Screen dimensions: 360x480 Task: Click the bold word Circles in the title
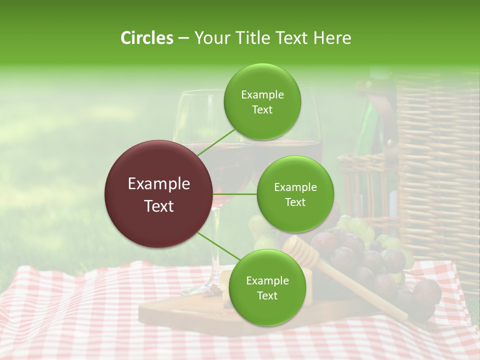coord(147,38)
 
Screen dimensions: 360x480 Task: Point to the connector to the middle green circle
coord(235,194)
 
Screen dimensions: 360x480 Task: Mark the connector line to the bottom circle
coord(218,246)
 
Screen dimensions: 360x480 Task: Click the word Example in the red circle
coord(159,184)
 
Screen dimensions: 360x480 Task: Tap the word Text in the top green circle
coord(262,110)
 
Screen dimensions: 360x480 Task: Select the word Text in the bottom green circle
coord(267,296)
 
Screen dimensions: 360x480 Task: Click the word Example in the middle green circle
coord(295,187)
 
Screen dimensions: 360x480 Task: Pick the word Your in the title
coord(209,38)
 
